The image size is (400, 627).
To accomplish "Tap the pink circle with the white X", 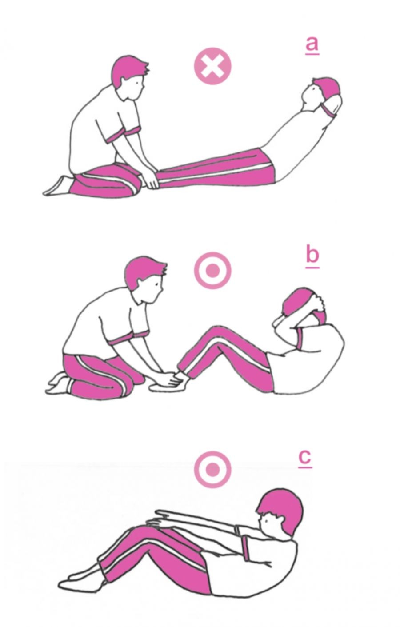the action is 213,66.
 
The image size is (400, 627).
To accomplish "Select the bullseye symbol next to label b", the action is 213,270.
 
